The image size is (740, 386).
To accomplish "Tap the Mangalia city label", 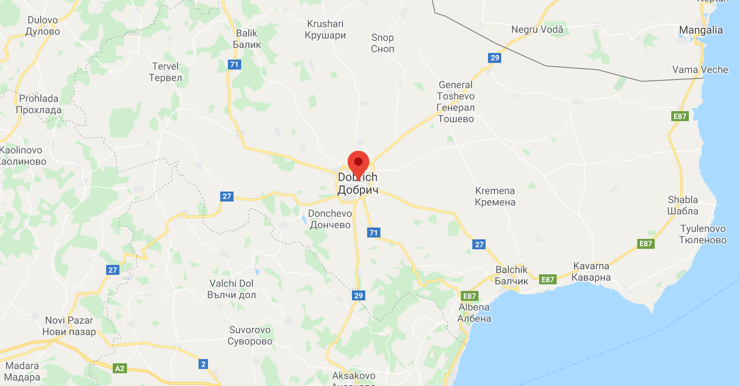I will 701,30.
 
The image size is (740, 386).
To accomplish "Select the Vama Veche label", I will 700,70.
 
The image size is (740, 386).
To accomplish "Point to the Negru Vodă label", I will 537,29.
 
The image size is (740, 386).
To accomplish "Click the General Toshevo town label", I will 455,102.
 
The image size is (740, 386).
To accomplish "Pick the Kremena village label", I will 495,196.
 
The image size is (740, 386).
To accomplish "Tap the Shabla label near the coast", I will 683,205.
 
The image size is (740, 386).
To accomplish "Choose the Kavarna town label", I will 591,272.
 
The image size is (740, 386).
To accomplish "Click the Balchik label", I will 511,275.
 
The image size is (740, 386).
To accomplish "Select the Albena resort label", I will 474,313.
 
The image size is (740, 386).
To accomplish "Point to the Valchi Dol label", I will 231,289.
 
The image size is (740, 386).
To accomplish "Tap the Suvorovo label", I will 250,335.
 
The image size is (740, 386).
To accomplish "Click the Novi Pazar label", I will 69,326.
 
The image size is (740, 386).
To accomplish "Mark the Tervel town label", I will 165,72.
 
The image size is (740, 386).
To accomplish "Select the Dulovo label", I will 43,26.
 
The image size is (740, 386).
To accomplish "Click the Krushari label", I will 325,29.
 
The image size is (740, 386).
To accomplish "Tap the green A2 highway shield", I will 120,368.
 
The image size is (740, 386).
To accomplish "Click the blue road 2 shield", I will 203,364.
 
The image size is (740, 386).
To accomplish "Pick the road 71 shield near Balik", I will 234,64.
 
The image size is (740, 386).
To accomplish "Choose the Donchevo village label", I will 330,219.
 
